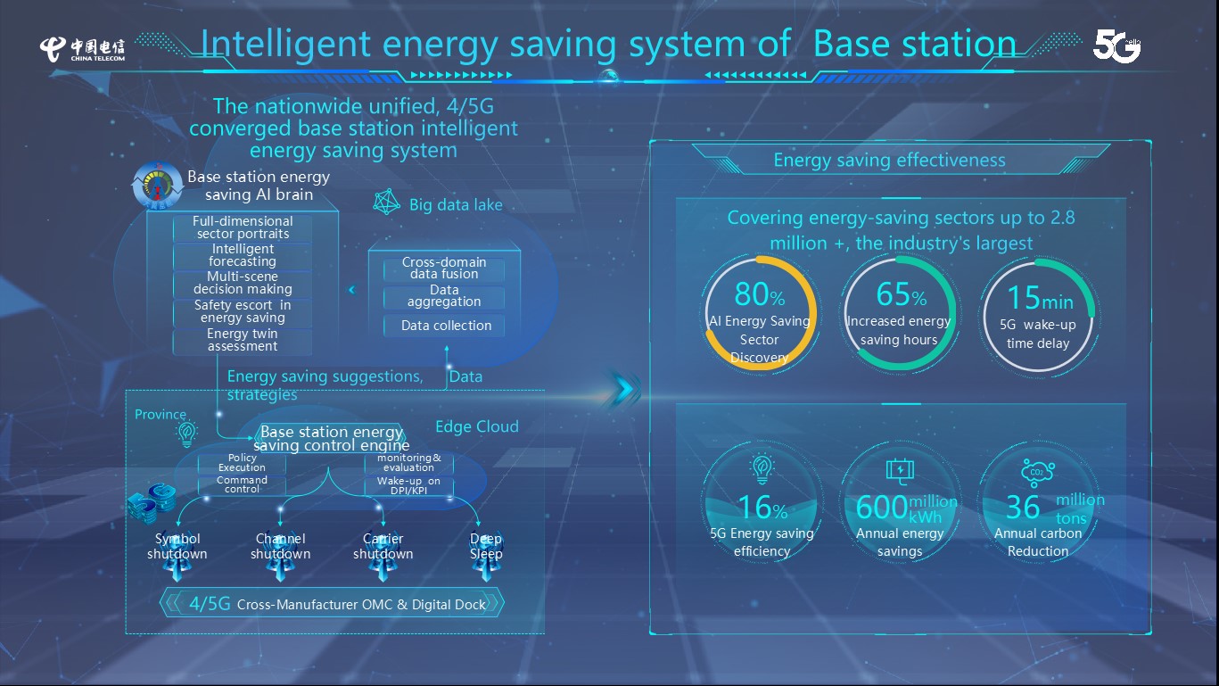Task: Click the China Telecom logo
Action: coord(82,49)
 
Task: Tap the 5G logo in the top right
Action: coord(1116,45)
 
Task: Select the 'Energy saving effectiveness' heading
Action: coord(889,160)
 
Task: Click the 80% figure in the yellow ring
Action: coord(759,294)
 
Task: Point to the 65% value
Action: coord(901,294)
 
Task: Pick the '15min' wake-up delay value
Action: coord(1040,298)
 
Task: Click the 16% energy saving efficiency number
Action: coord(762,508)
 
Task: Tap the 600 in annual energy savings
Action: coord(882,508)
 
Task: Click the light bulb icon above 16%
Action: coord(762,469)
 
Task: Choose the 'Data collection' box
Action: coord(444,326)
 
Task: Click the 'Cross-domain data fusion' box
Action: coord(444,268)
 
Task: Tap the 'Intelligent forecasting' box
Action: coord(243,255)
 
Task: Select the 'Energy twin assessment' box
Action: coord(243,340)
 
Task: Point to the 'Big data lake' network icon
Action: coord(386,202)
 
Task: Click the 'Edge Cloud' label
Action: coord(477,426)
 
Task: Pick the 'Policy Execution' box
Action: coord(243,463)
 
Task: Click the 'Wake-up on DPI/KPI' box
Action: coord(408,485)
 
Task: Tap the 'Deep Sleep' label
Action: coord(486,546)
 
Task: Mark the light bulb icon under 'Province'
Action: coord(186,434)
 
